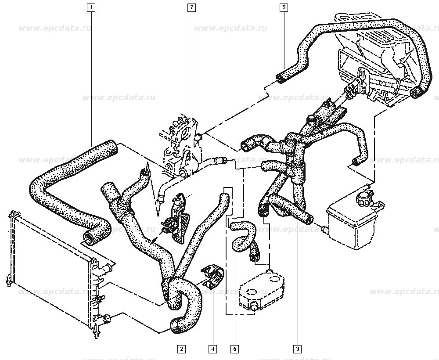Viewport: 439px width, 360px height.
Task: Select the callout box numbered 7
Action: [x=191, y=7]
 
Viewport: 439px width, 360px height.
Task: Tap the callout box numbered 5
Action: [x=284, y=7]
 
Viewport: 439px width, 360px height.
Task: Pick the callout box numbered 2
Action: [x=181, y=349]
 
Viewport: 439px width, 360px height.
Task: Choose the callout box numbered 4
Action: [x=212, y=349]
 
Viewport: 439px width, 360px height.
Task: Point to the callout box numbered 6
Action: [x=235, y=349]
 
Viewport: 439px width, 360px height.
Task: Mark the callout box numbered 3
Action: [x=298, y=349]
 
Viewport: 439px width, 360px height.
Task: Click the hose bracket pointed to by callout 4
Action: [x=212, y=276]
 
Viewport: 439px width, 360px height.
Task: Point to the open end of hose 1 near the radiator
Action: [x=90, y=238]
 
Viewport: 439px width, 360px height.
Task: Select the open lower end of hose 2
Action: [x=174, y=325]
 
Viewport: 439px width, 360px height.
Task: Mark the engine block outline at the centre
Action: [x=180, y=145]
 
